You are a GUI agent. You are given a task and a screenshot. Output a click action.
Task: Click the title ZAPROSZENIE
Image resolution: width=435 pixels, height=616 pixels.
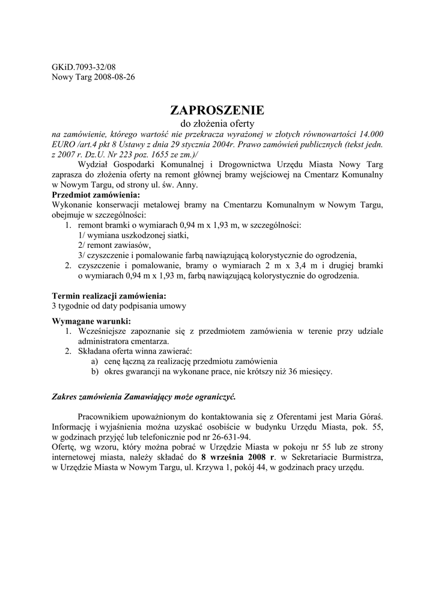tap(217, 110)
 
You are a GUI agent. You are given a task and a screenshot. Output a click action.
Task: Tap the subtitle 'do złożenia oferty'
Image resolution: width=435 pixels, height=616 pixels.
tap(217, 123)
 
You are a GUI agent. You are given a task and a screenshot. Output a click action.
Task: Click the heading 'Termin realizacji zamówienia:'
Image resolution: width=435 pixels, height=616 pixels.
tap(109, 296)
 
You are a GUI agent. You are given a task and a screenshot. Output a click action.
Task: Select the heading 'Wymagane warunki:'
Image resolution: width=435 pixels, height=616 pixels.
tap(91, 321)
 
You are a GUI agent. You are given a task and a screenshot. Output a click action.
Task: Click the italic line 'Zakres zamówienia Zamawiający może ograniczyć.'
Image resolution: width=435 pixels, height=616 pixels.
tap(144, 397)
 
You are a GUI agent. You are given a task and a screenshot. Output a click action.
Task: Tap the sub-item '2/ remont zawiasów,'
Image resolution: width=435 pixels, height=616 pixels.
tap(114, 245)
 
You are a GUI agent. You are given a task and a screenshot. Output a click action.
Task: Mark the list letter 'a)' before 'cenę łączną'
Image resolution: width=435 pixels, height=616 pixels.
tap(94, 362)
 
